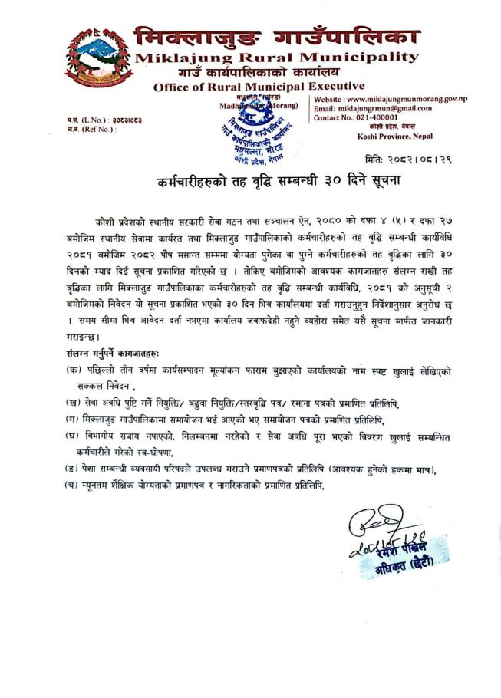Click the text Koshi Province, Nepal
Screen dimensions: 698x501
pos(394,136)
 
